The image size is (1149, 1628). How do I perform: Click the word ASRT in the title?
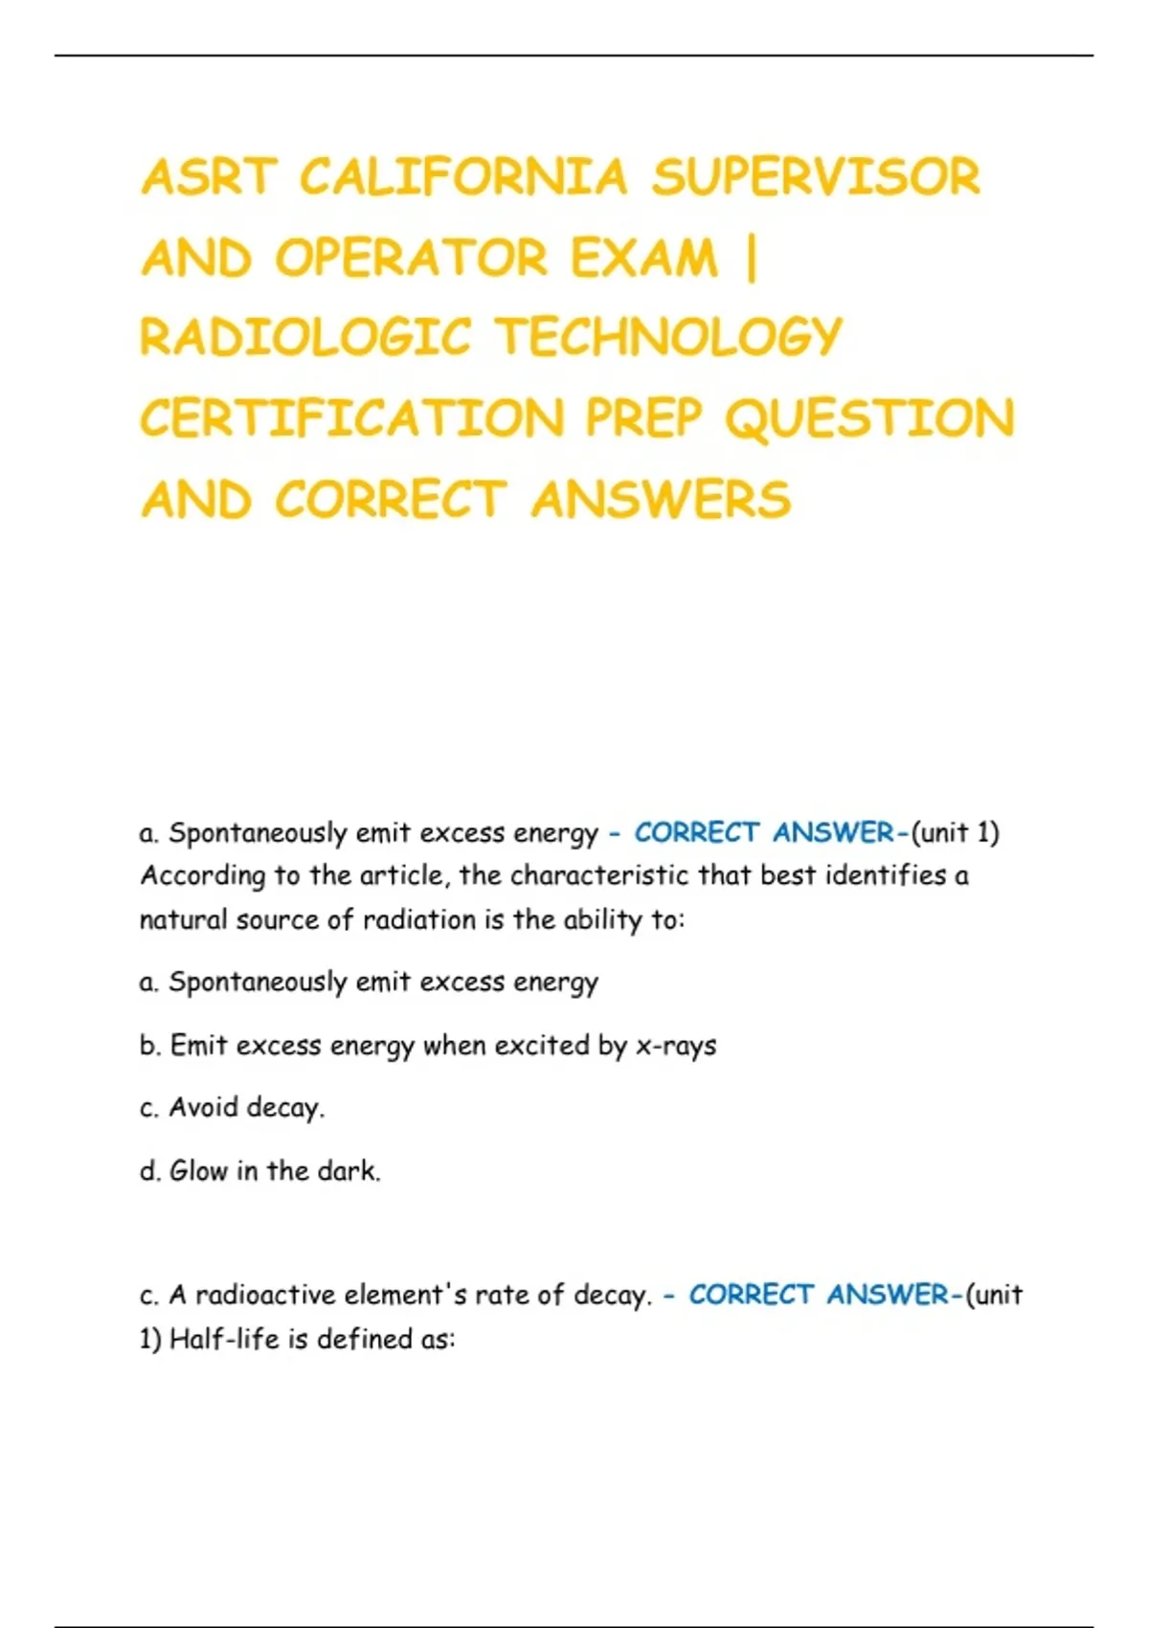[209, 177]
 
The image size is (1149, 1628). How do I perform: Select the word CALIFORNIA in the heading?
[463, 177]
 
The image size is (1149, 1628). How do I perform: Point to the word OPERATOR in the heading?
[412, 259]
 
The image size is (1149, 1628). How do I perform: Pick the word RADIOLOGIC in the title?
[305, 338]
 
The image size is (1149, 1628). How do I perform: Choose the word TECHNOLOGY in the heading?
[667, 338]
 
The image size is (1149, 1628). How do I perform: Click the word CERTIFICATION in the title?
[352, 419]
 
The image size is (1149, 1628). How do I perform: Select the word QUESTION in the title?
[868, 419]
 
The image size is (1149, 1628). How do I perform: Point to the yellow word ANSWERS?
[661, 501]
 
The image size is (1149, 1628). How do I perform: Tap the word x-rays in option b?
[676, 1046]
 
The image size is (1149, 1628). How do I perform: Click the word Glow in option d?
[198, 1171]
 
